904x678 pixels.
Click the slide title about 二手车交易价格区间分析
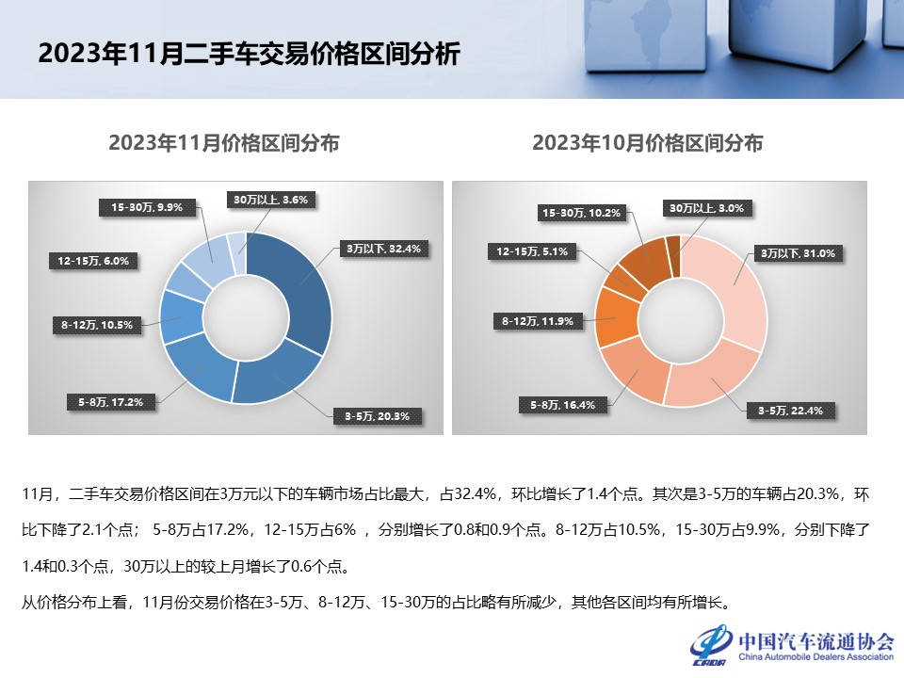pyautogui.click(x=249, y=54)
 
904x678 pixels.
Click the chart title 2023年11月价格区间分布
pyautogui.click(x=224, y=144)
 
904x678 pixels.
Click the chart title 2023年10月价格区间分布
pyautogui.click(x=648, y=144)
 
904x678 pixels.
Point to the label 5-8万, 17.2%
pyautogui.click(x=111, y=402)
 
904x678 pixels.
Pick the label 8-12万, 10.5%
pyautogui.click(x=97, y=326)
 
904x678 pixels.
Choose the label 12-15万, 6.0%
pyautogui.click(x=93, y=261)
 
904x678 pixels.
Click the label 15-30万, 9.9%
pyautogui.click(x=146, y=207)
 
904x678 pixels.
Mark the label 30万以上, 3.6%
pyautogui.click(x=271, y=200)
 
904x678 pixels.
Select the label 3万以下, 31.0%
pyautogui.click(x=799, y=253)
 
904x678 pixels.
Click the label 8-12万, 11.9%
pyautogui.click(x=534, y=322)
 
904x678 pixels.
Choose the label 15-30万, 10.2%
pyautogui.click(x=581, y=214)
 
